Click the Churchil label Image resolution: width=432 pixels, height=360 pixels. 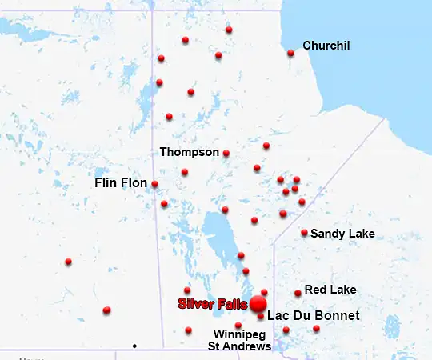326,46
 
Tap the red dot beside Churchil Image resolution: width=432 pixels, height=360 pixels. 290,54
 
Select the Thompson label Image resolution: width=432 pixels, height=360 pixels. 190,151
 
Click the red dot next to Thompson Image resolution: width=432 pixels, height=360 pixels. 226,153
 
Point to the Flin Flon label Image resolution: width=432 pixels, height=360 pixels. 121,183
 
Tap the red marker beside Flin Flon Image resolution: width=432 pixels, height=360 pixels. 154,184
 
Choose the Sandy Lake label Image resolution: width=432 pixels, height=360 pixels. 342,234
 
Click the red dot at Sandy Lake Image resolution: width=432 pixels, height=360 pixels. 304,233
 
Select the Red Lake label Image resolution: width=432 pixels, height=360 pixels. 330,289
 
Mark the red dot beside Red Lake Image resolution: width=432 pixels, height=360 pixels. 298,293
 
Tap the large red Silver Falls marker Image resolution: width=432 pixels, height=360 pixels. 258,304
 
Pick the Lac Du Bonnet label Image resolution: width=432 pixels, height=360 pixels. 313,316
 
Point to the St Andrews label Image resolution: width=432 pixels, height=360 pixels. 239,346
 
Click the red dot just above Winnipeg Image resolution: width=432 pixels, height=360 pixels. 238,325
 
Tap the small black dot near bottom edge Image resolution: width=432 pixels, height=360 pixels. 134,346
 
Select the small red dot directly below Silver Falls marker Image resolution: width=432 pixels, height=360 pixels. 261,317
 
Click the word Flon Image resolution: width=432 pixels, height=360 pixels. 134,183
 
